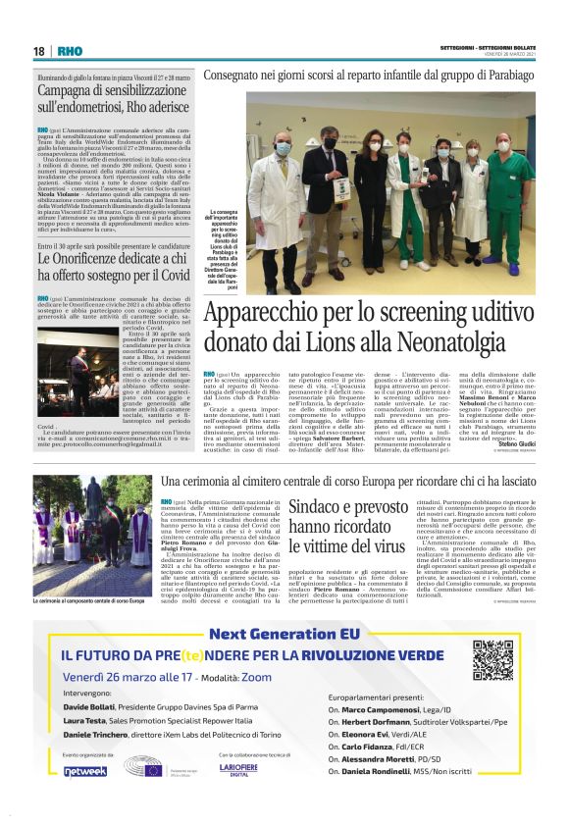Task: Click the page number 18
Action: [39, 51]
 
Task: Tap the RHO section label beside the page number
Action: [69, 51]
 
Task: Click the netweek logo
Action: [87, 771]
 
